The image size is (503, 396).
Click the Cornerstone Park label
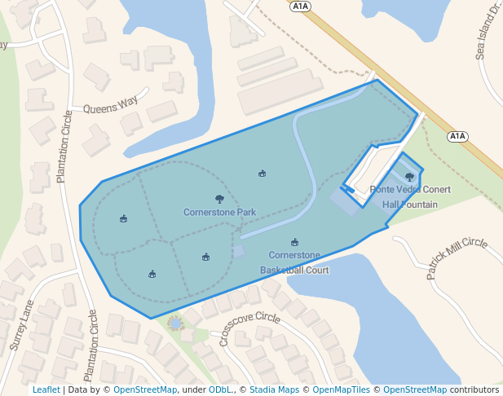(x=219, y=213)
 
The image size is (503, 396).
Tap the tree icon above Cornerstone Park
(x=219, y=198)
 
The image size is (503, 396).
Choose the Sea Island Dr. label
(x=487, y=33)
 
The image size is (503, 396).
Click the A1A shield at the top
(x=300, y=6)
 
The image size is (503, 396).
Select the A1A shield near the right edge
(x=458, y=137)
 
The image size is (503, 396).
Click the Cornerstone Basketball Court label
(x=294, y=262)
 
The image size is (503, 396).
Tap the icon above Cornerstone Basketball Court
(x=294, y=242)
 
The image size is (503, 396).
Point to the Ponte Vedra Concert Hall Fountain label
(x=410, y=196)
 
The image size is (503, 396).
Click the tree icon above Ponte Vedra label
(x=409, y=177)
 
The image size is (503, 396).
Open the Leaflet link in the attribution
(x=46, y=389)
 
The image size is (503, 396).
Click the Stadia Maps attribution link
(x=274, y=389)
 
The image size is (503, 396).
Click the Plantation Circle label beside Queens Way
(x=64, y=147)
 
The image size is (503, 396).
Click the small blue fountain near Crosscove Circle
(x=174, y=323)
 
